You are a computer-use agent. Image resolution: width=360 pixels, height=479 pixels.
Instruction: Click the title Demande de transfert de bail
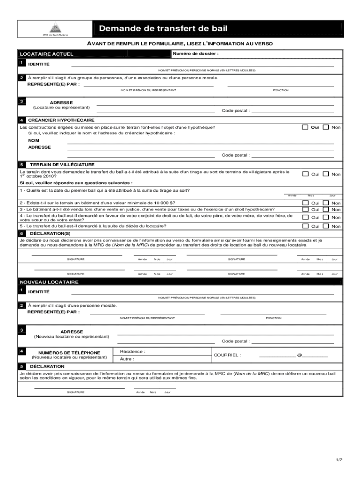pos(163,29)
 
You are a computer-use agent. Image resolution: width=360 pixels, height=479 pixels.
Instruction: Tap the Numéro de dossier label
pos(195,54)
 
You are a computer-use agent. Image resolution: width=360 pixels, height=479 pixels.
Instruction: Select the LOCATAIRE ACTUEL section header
pos(46,54)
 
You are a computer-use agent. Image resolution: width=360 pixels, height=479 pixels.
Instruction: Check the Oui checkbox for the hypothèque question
pos(305,127)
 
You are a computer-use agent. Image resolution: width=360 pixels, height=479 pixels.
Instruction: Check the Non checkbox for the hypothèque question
pos(326,127)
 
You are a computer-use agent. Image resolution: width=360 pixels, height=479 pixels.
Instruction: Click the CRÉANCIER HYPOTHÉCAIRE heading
pos(61,120)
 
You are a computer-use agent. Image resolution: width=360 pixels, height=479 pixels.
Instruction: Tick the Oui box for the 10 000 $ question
pos(305,203)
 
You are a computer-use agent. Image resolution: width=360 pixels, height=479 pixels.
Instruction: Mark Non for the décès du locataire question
pos(326,226)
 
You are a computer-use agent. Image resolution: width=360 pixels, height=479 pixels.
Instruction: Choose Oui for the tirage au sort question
pos(305,174)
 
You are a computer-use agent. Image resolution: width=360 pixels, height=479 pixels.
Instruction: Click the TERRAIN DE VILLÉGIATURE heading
pos(62,165)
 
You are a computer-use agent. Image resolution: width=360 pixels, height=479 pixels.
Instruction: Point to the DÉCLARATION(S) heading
pos(50,233)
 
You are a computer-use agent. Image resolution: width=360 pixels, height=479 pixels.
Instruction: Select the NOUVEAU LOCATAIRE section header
pos(49,283)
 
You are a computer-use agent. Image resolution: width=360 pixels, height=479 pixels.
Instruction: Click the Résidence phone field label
pos(132,351)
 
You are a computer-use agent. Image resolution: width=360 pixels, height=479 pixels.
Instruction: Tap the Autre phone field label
pos(127,359)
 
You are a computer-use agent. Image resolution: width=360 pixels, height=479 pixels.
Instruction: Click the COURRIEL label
pos(227,355)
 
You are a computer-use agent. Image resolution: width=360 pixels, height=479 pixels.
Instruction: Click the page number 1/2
pos(338,460)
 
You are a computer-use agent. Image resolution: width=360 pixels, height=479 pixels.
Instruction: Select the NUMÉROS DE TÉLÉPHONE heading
pos(69,352)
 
